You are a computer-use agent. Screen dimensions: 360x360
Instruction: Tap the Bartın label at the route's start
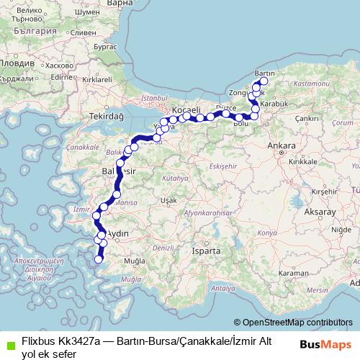coord(266,74)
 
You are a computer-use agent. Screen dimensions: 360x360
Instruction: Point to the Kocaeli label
coord(184,108)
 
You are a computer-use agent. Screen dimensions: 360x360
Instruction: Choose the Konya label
coord(266,234)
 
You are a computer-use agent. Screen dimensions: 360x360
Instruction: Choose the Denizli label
coord(163,247)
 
